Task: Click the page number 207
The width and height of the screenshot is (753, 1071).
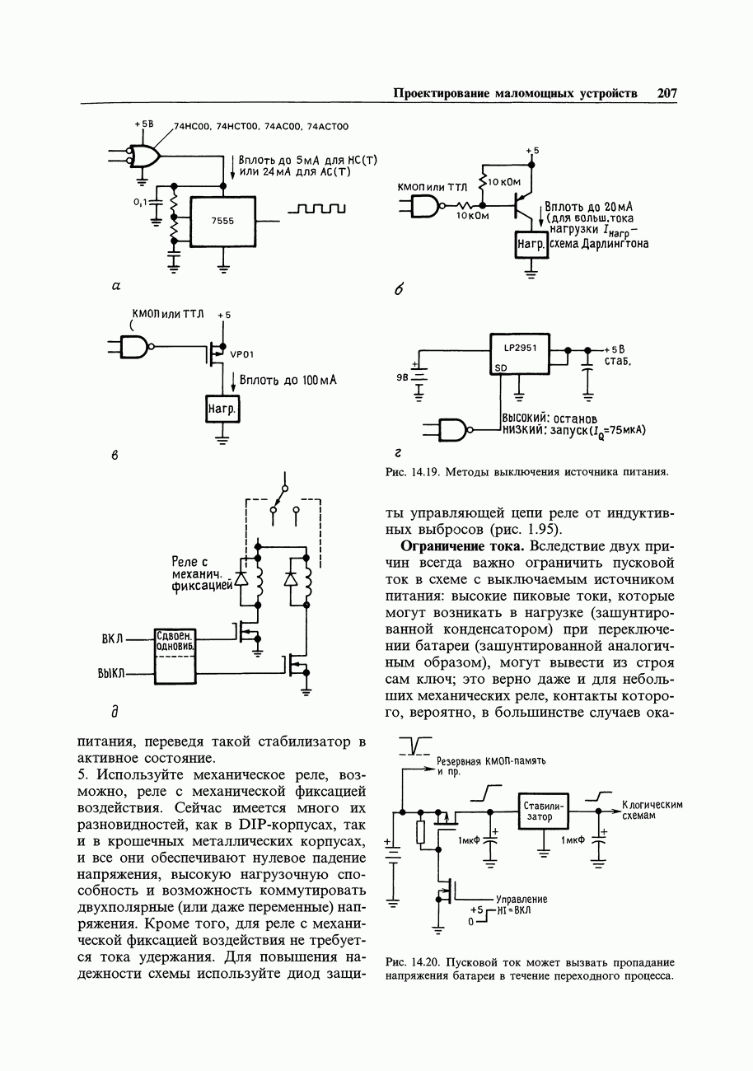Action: [666, 93]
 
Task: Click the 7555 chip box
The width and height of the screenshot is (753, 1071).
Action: [223, 221]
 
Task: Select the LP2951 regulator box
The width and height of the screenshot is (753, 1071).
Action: [520, 353]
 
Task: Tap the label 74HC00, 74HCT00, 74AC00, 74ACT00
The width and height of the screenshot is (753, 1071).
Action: [261, 127]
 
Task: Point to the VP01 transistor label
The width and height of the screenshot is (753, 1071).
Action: [241, 355]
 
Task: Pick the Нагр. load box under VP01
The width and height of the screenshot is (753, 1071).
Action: [222, 409]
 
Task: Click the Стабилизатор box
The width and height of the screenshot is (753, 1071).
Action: [543, 811]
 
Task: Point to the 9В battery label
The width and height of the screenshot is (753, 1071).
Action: [402, 379]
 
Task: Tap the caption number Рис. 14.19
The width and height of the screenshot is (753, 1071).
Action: [416, 472]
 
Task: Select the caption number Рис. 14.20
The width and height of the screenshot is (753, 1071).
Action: [415, 962]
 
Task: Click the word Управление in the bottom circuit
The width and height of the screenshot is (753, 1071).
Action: [521, 899]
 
